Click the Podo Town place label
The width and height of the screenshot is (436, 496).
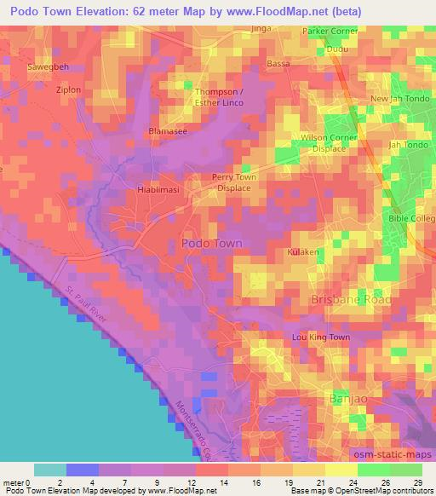[212, 243]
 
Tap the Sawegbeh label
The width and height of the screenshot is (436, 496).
[46, 66]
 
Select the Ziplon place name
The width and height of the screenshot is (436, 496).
[68, 89]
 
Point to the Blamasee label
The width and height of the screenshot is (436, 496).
[168, 132]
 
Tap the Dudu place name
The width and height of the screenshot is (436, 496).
[338, 49]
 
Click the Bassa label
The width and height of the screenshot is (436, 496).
[278, 64]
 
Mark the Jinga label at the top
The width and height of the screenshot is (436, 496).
[261, 28]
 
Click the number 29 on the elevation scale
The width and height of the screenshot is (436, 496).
[416, 483]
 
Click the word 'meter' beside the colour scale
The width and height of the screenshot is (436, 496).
[12, 483]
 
